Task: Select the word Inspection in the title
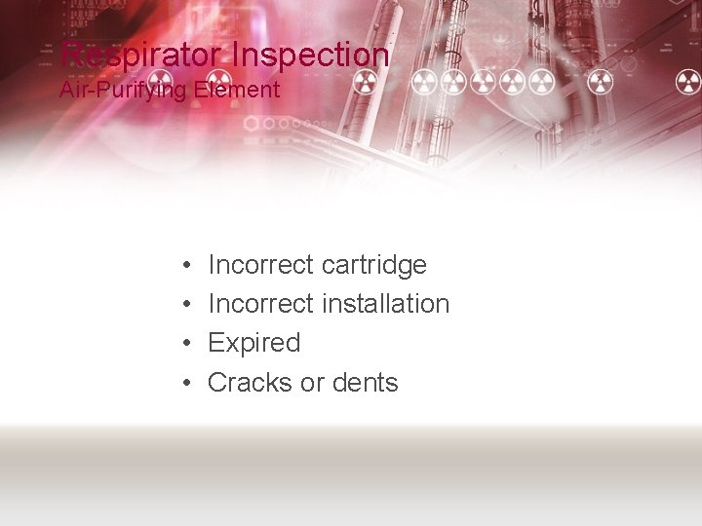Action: tap(309, 55)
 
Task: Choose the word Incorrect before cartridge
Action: tap(260, 265)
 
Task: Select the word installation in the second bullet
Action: tap(385, 304)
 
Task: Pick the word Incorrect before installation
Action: tap(260, 304)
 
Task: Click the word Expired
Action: tap(253, 343)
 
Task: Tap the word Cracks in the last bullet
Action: tap(250, 383)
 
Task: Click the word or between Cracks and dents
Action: tap(311, 383)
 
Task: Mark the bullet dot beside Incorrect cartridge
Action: tap(185, 266)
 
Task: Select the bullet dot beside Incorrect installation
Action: tap(185, 305)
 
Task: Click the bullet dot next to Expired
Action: tap(185, 344)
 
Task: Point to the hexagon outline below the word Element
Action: tap(251, 124)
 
